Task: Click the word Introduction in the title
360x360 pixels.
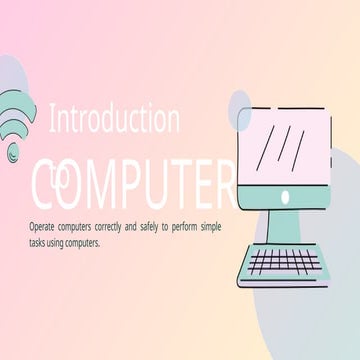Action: click(114, 121)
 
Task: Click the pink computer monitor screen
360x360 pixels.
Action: click(287, 146)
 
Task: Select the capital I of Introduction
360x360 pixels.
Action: click(52, 121)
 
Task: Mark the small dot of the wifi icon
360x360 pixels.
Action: click(12, 152)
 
